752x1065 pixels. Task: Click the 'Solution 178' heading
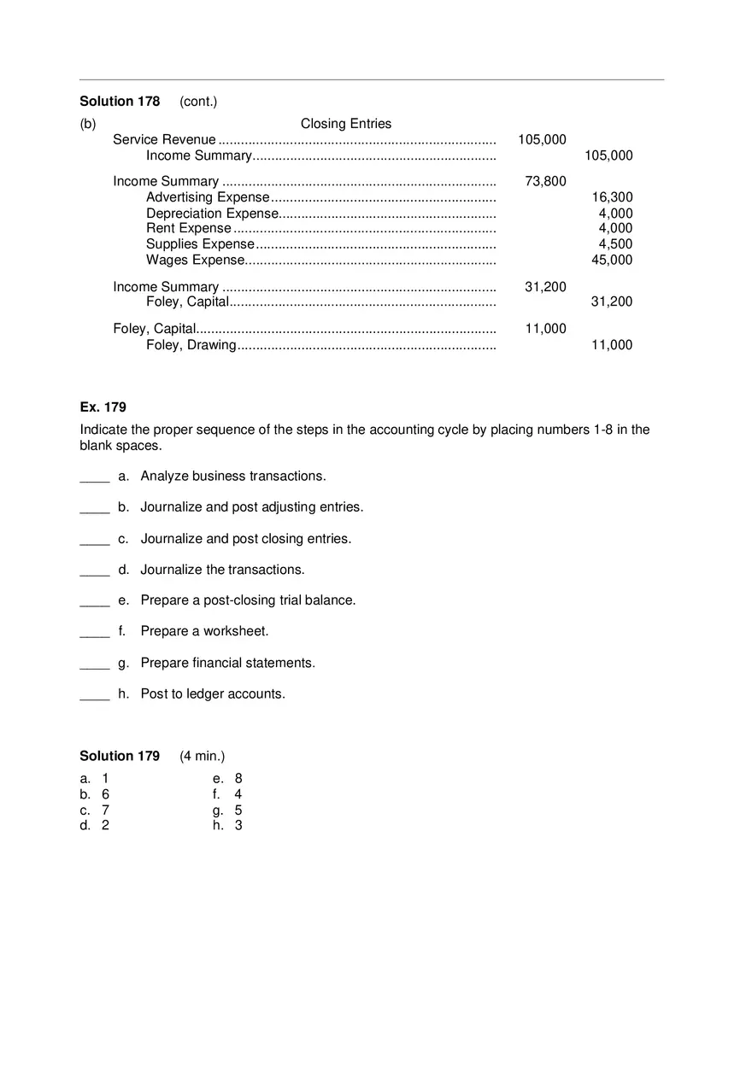click(x=120, y=102)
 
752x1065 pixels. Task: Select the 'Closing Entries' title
click(x=345, y=124)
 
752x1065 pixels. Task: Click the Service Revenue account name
click(x=164, y=140)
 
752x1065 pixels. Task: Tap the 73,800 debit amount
click(x=545, y=181)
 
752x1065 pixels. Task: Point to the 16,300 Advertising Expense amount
click(x=612, y=197)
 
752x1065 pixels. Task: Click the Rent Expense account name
click(x=188, y=229)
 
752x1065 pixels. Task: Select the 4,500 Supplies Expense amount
click(x=615, y=244)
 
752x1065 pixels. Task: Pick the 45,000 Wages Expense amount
click(x=612, y=260)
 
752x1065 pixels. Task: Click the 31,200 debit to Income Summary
click(x=545, y=287)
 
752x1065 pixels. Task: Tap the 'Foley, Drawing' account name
click(x=191, y=345)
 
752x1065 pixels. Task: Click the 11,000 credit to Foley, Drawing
click(x=612, y=345)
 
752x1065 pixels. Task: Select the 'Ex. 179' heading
click(x=103, y=407)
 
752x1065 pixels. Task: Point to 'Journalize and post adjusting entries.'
click(x=251, y=507)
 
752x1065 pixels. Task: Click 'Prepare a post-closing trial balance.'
click(x=248, y=600)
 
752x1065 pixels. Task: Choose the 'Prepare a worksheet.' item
click(x=204, y=631)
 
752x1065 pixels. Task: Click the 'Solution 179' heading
click(x=120, y=756)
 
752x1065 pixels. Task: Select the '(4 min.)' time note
click(x=203, y=756)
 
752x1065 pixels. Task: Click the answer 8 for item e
click(x=238, y=778)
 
